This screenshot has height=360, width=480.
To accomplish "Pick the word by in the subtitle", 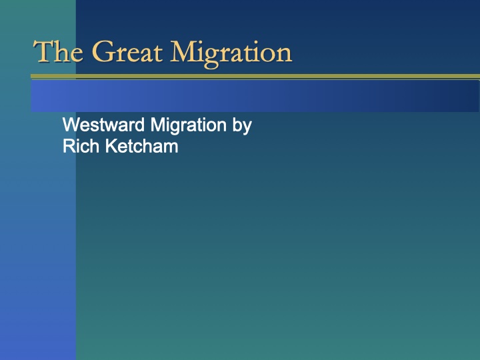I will (242, 126).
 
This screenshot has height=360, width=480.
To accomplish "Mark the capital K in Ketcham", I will (108, 146).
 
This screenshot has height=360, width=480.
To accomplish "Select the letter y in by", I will (247, 127).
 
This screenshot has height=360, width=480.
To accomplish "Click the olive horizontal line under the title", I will (253, 77).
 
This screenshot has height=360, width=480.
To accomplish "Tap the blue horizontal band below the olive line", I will (253, 95).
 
